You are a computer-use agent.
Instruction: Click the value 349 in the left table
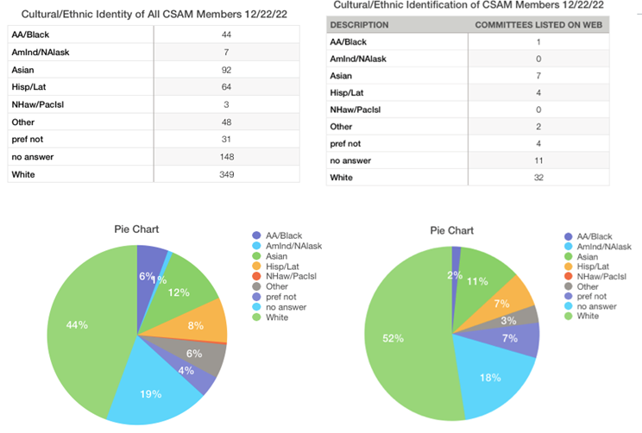(226, 173)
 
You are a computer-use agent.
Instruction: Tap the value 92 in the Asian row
(226, 69)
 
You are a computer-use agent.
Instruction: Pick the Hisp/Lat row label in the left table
(29, 86)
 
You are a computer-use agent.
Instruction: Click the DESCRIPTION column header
(360, 25)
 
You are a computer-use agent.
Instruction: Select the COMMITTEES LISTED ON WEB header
(537, 25)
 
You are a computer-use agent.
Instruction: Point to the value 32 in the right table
(538, 179)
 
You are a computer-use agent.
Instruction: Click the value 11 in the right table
(538, 161)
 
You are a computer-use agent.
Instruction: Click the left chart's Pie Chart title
(137, 229)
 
